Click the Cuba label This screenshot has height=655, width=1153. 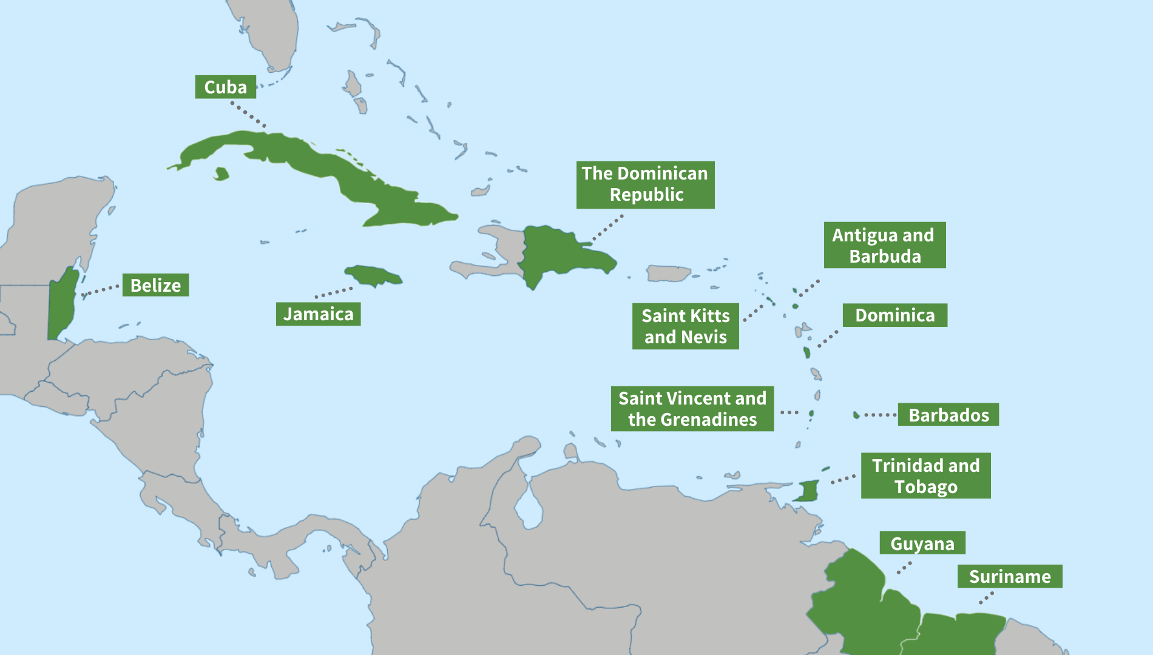click(225, 87)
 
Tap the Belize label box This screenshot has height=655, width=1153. click(155, 285)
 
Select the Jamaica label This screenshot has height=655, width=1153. click(318, 314)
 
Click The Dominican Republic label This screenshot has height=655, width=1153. click(645, 184)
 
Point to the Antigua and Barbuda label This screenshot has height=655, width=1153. click(884, 245)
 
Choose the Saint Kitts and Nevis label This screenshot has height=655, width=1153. click(685, 326)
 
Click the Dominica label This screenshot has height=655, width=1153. click(894, 315)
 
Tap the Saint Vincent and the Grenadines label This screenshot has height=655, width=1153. click(692, 409)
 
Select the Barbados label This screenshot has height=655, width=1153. click(948, 415)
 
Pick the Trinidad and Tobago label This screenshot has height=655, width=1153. click(925, 476)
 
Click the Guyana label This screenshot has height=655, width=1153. click(922, 543)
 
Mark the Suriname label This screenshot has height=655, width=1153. click(1009, 576)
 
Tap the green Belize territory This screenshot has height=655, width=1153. click(63, 303)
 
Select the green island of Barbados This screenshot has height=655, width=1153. click(856, 415)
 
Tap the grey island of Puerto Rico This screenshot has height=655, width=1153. click(668, 274)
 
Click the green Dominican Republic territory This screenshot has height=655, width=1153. click(558, 252)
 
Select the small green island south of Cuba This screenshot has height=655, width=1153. click(221, 174)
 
